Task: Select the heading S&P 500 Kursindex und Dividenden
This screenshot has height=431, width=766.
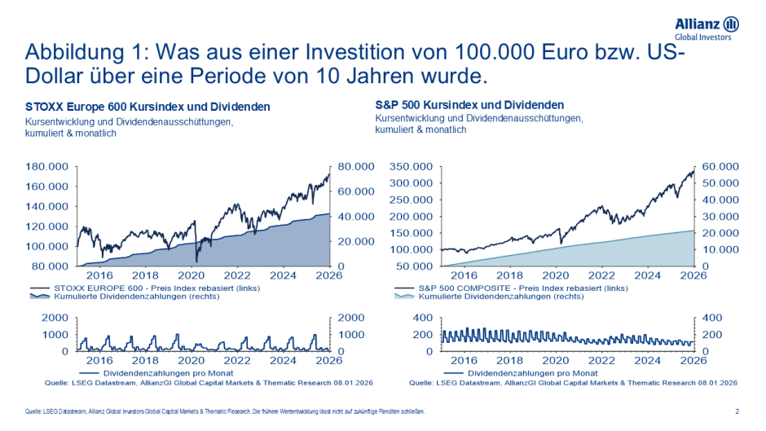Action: pyautogui.click(x=469, y=105)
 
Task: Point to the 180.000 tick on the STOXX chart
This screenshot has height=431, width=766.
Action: pyautogui.click(x=47, y=166)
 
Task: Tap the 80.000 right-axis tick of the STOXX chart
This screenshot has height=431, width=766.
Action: pyautogui.click(x=356, y=166)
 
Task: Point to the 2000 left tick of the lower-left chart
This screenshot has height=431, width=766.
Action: pyautogui.click(x=56, y=318)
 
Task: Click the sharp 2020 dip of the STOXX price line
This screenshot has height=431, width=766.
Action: pyautogui.click(x=196, y=259)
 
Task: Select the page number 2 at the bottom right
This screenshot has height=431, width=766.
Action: pyautogui.click(x=737, y=412)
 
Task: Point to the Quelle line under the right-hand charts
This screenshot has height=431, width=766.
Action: pyautogui.click(x=572, y=381)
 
